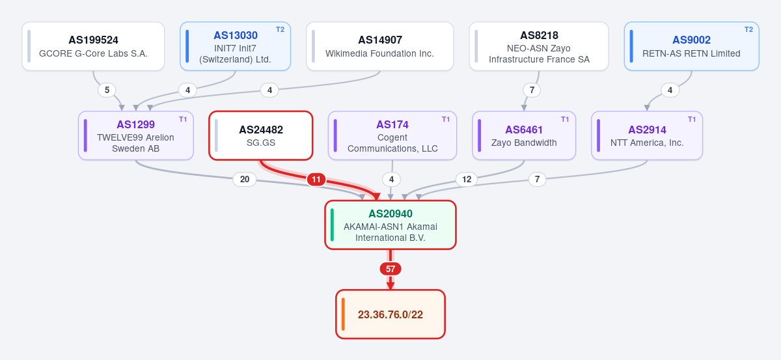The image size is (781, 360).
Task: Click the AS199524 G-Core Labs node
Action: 93,46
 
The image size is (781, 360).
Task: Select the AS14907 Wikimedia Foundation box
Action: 379,46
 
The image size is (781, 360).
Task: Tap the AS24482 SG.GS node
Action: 261,135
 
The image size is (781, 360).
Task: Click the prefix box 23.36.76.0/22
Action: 390,314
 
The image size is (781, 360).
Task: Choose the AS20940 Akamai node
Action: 390,225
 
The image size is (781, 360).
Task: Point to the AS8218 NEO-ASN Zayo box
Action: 539,46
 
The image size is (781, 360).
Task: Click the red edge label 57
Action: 390,269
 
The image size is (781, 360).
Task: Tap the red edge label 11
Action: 316,180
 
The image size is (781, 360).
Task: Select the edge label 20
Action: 245,179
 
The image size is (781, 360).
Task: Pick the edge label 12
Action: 467,179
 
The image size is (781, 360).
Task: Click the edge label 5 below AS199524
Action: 107,90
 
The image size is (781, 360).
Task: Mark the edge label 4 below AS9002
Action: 670,90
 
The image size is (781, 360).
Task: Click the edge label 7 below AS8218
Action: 532,90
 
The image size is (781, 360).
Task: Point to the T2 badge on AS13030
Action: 280,30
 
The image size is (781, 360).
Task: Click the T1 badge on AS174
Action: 446,119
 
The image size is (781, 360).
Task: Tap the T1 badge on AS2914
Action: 692,119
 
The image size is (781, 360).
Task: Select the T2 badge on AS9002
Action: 748,30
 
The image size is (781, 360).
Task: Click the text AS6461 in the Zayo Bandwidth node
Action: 524,130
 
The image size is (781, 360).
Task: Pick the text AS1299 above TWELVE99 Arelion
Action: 135,124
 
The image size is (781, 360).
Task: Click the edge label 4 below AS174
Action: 391,179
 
